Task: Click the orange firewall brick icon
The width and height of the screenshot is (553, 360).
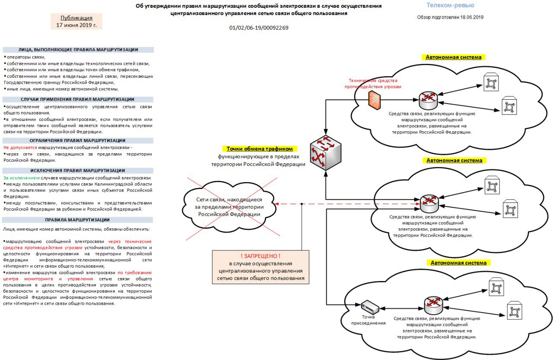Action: (374, 100)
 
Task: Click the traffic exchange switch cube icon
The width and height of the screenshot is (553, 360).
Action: (326, 153)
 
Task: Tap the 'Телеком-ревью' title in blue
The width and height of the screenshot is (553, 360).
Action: (450, 5)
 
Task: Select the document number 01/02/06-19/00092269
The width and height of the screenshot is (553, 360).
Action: (259, 28)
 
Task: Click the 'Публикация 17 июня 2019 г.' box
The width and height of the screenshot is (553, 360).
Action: (76, 22)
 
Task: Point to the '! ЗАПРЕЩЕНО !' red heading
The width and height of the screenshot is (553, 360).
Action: (261, 256)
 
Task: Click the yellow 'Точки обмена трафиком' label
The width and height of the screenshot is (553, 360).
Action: (260, 148)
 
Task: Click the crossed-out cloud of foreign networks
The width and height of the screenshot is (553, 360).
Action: (229, 207)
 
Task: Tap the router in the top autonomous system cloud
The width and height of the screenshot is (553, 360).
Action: (428, 100)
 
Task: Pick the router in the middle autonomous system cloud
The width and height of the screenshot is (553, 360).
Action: (429, 204)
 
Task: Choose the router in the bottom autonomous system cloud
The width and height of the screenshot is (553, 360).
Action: (433, 306)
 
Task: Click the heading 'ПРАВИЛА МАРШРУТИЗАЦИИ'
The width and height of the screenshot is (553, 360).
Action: (77, 220)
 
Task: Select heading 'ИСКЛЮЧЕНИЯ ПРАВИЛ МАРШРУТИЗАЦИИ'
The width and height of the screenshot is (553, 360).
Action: (77, 171)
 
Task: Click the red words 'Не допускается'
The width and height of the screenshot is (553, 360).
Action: (20, 148)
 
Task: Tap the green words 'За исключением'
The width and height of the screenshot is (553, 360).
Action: (22, 178)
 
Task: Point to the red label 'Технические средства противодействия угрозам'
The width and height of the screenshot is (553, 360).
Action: (373, 83)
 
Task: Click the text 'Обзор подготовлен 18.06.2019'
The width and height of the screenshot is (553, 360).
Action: (450, 17)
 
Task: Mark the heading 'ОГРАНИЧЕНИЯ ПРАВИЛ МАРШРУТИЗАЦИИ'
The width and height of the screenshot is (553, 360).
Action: (77, 141)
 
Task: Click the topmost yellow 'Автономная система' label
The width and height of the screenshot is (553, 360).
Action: (454, 57)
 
